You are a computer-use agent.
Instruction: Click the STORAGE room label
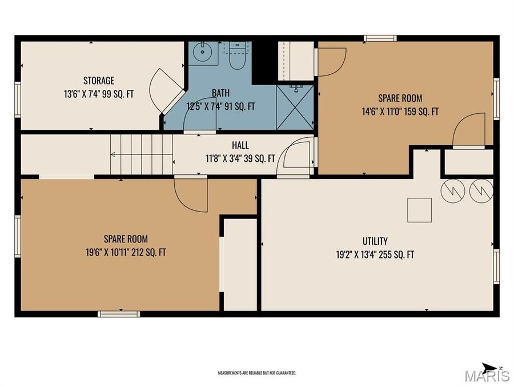[x=99, y=81]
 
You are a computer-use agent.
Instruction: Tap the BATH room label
[x=220, y=93]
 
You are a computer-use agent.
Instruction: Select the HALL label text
[x=240, y=146]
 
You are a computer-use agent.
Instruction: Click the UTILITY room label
[x=375, y=241]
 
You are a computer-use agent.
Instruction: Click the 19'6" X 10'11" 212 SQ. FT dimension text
[x=126, y=252]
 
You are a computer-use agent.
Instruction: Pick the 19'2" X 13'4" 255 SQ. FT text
[x=375, y=254]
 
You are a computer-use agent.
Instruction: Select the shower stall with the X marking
[x=295, y=107]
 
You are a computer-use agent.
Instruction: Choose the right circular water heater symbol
[x=481, y=191]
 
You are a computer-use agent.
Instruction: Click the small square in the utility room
[x=419, y=210]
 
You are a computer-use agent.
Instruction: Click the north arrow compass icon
[x=489, y=368]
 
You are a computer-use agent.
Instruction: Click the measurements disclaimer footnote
[x=257, y=373]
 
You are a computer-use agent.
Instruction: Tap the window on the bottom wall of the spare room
[x=118, y=313]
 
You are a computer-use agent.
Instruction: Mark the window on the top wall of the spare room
[x=380, y=39]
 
